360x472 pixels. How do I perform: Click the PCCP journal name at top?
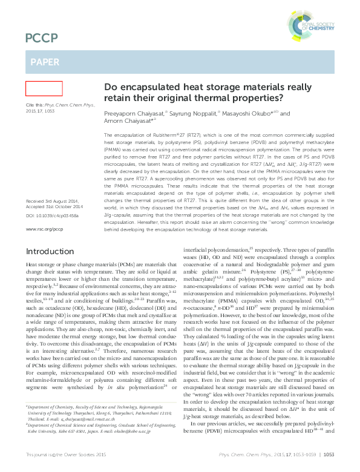42,39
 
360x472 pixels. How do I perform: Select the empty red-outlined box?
44,88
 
